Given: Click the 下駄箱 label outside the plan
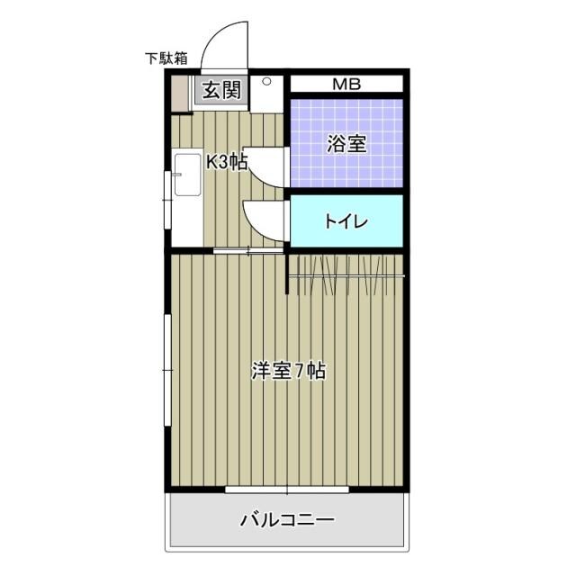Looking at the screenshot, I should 166,58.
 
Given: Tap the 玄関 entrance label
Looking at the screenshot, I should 220,90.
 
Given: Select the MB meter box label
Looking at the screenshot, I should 346,85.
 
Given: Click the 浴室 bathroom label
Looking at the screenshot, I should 346,143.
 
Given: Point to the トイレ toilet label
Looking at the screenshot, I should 346,221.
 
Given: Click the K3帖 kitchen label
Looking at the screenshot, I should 226,162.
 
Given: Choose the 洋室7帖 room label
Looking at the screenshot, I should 288,370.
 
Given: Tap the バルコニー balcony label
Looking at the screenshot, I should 287,519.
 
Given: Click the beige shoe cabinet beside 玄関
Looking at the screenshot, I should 181,94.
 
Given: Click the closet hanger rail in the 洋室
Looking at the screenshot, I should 346,272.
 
